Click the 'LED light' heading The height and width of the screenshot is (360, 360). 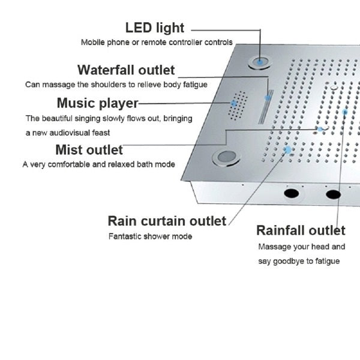pos(155,28)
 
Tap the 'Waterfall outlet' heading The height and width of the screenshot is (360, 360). pos(126,70)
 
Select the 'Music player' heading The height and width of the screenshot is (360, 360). pos(98,103)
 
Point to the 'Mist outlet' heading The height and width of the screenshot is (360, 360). pos(89,150)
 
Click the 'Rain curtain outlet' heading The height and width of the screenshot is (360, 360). pos(167,221)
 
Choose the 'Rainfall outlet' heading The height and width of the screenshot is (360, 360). pos(301,230)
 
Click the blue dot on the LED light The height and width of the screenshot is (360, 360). pos(260,62)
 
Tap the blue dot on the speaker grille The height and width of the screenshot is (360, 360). pos(234,104)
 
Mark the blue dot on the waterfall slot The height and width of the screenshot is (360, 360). pos(268,98)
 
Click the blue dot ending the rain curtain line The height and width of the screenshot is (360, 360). pos(287,150)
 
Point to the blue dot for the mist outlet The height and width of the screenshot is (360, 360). pos(320,129)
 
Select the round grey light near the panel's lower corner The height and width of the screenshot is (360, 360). pos(227,157)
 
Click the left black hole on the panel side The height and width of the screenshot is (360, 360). pos(292,193)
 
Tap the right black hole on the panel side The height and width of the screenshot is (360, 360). pos(334,194)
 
